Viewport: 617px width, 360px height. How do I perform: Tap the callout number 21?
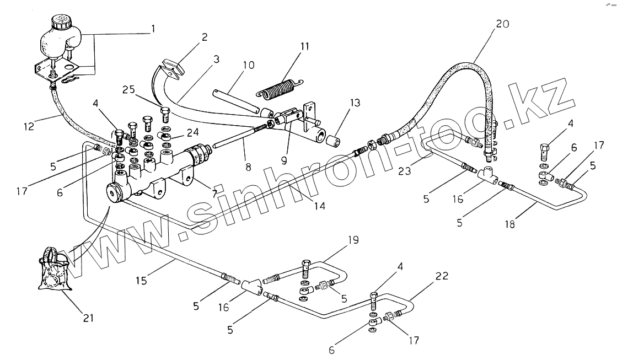tap(89, 318)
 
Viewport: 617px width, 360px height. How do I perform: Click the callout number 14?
tap(319, 207)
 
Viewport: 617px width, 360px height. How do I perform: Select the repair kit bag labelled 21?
tap(55, 271)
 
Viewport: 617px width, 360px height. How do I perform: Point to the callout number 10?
tap(248, 65)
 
